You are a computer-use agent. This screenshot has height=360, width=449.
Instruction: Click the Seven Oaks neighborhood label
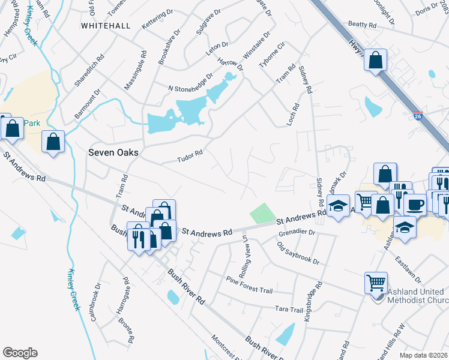pos(113,152)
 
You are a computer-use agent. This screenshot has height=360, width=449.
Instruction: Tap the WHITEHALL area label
pos(105,26)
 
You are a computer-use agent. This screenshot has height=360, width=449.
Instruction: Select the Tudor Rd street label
pos(190,157)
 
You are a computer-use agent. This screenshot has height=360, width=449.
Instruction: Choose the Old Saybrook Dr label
pos(298,253)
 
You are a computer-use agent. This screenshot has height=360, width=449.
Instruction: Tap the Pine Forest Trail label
pos(249,285)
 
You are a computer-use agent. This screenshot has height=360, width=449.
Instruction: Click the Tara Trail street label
pos(289,309)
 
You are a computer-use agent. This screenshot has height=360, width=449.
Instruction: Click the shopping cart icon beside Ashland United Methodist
pos(376,282)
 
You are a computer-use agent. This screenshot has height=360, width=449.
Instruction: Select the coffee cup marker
pos(414,205)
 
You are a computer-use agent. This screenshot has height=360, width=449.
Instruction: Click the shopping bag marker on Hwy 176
pos(375,60)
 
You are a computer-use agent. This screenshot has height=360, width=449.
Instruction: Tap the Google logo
pos(20,353)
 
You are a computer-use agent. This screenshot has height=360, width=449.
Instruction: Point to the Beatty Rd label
pos(362,25)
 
